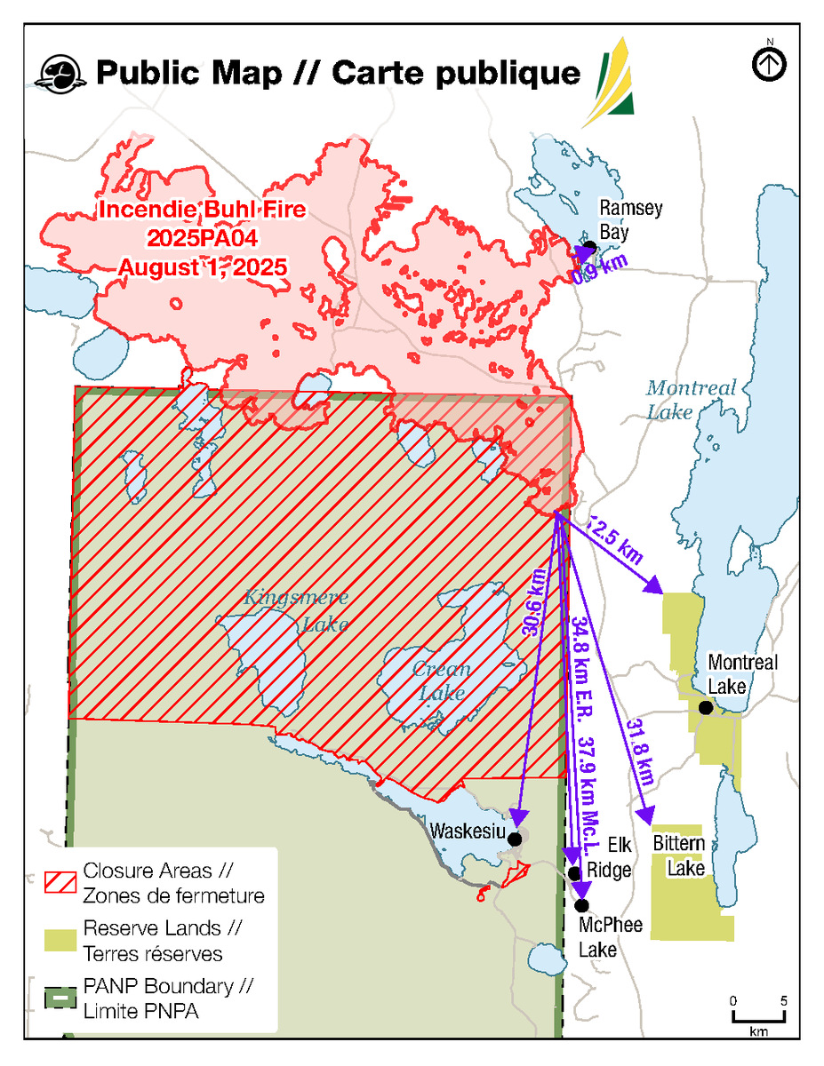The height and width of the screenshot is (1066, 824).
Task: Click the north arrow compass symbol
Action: (x=770, y=65)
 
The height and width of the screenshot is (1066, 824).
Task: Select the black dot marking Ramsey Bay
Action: (x=588, y=246)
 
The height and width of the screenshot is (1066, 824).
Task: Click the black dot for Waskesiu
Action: (x=514, y=837)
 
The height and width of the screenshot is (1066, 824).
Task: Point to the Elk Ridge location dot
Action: (x=574, y=873)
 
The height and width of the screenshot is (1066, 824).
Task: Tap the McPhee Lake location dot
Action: (x=582, y=905)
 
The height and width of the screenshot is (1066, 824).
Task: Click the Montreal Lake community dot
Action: (x=705, y=708)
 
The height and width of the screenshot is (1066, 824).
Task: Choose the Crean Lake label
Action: (x=441, y=680)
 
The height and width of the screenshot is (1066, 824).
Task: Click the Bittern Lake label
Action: (x=681, y=855)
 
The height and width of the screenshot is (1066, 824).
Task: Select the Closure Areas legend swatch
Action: (x=60, y=880)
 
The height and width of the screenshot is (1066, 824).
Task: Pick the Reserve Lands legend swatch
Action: (x=60, y=939)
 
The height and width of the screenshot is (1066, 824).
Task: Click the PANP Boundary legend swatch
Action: (x=60, y=998)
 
